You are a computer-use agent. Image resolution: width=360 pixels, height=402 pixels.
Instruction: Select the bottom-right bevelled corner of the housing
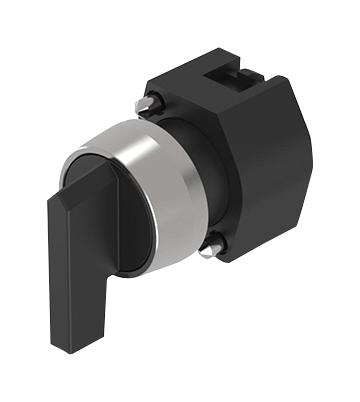[x=290, y=240]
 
